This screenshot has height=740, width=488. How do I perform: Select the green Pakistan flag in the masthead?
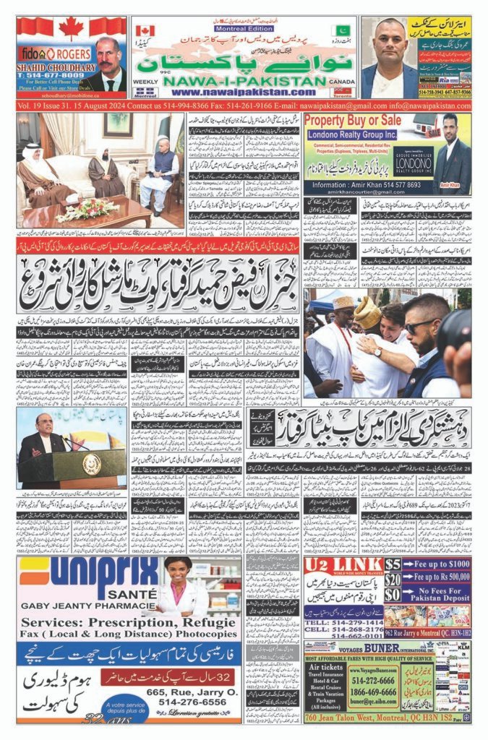point(343,30)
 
